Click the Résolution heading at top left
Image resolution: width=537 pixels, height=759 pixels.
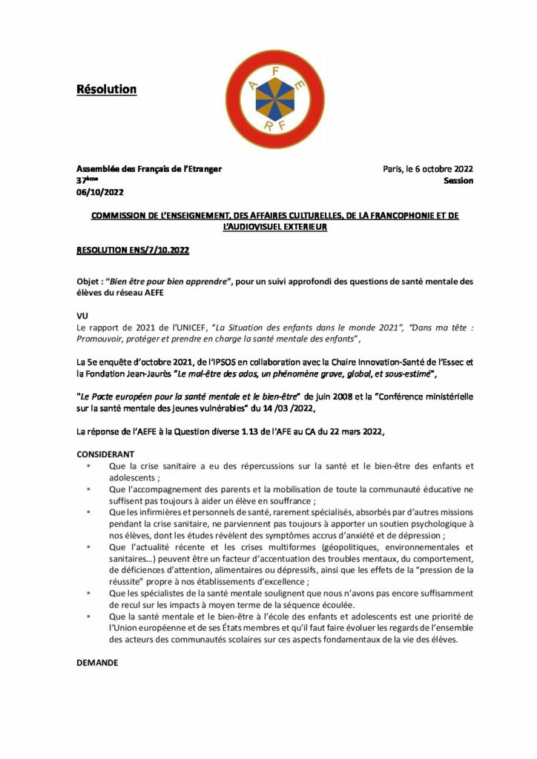click(x=107, y=90)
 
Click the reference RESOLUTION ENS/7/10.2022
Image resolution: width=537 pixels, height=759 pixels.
click(x=133, y=251)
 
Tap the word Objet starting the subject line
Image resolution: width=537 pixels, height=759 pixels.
click(x=88, y=282)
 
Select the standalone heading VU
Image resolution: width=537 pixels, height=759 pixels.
click(x=82, y=315)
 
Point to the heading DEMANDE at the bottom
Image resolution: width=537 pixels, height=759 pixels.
click(x=98, y=663)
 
